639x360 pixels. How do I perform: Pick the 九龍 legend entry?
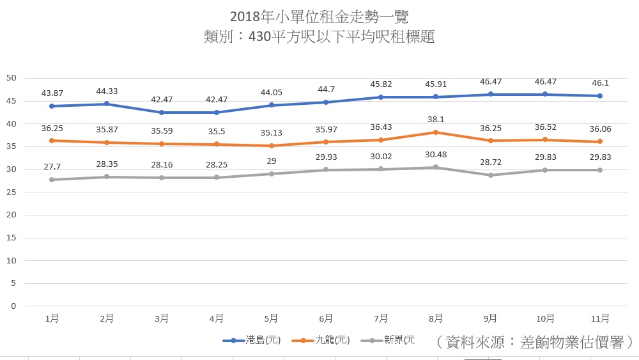click(x=322, y=340)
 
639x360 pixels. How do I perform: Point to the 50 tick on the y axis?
click(x=10, y=79)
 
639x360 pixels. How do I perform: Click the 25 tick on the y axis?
click(x=10, y=192)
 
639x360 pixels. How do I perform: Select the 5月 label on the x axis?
click(x=271, y=318)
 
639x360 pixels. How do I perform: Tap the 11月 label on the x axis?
click(x=600, y=318)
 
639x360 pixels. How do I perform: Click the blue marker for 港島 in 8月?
click(x=435, y=97)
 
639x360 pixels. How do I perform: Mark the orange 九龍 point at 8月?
click(x=435, y=132)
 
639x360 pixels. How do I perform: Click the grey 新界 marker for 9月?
click(x=490, y=175)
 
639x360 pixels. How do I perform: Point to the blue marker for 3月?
click(x=161, y=113)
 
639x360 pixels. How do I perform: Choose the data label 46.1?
click(x=600, y=82)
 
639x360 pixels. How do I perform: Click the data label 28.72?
click(x=490, y=162)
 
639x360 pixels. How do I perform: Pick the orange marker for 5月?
click(x=271, y=146)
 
